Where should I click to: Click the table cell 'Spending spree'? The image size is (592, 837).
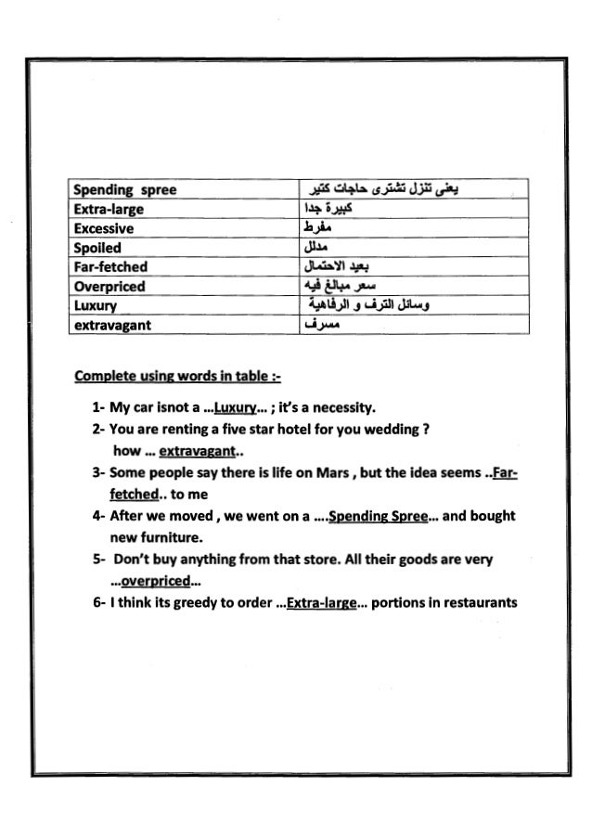point(124,190)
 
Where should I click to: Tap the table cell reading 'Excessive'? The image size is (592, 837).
point(104,228)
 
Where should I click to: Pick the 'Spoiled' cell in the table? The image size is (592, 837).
point(98,248)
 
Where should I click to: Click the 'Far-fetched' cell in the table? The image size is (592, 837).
point(110,267)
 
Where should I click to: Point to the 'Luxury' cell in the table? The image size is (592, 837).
point(96,306)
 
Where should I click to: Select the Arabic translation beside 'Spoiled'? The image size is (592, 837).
point(315,248)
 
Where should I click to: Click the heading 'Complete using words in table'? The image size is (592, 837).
point(177,377)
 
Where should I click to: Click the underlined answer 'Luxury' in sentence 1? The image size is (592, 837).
point(233,407)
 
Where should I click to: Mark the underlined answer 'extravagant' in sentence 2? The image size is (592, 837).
point(198,453)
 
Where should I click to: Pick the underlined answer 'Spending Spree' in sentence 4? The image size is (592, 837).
point(376,515)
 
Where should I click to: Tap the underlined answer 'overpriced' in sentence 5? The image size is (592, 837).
point(155,582)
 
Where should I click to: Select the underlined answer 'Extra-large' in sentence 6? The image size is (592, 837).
point(321,603)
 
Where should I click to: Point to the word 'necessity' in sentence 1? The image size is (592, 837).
point(343,407)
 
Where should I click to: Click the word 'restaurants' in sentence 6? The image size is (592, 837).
point(477,603)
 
